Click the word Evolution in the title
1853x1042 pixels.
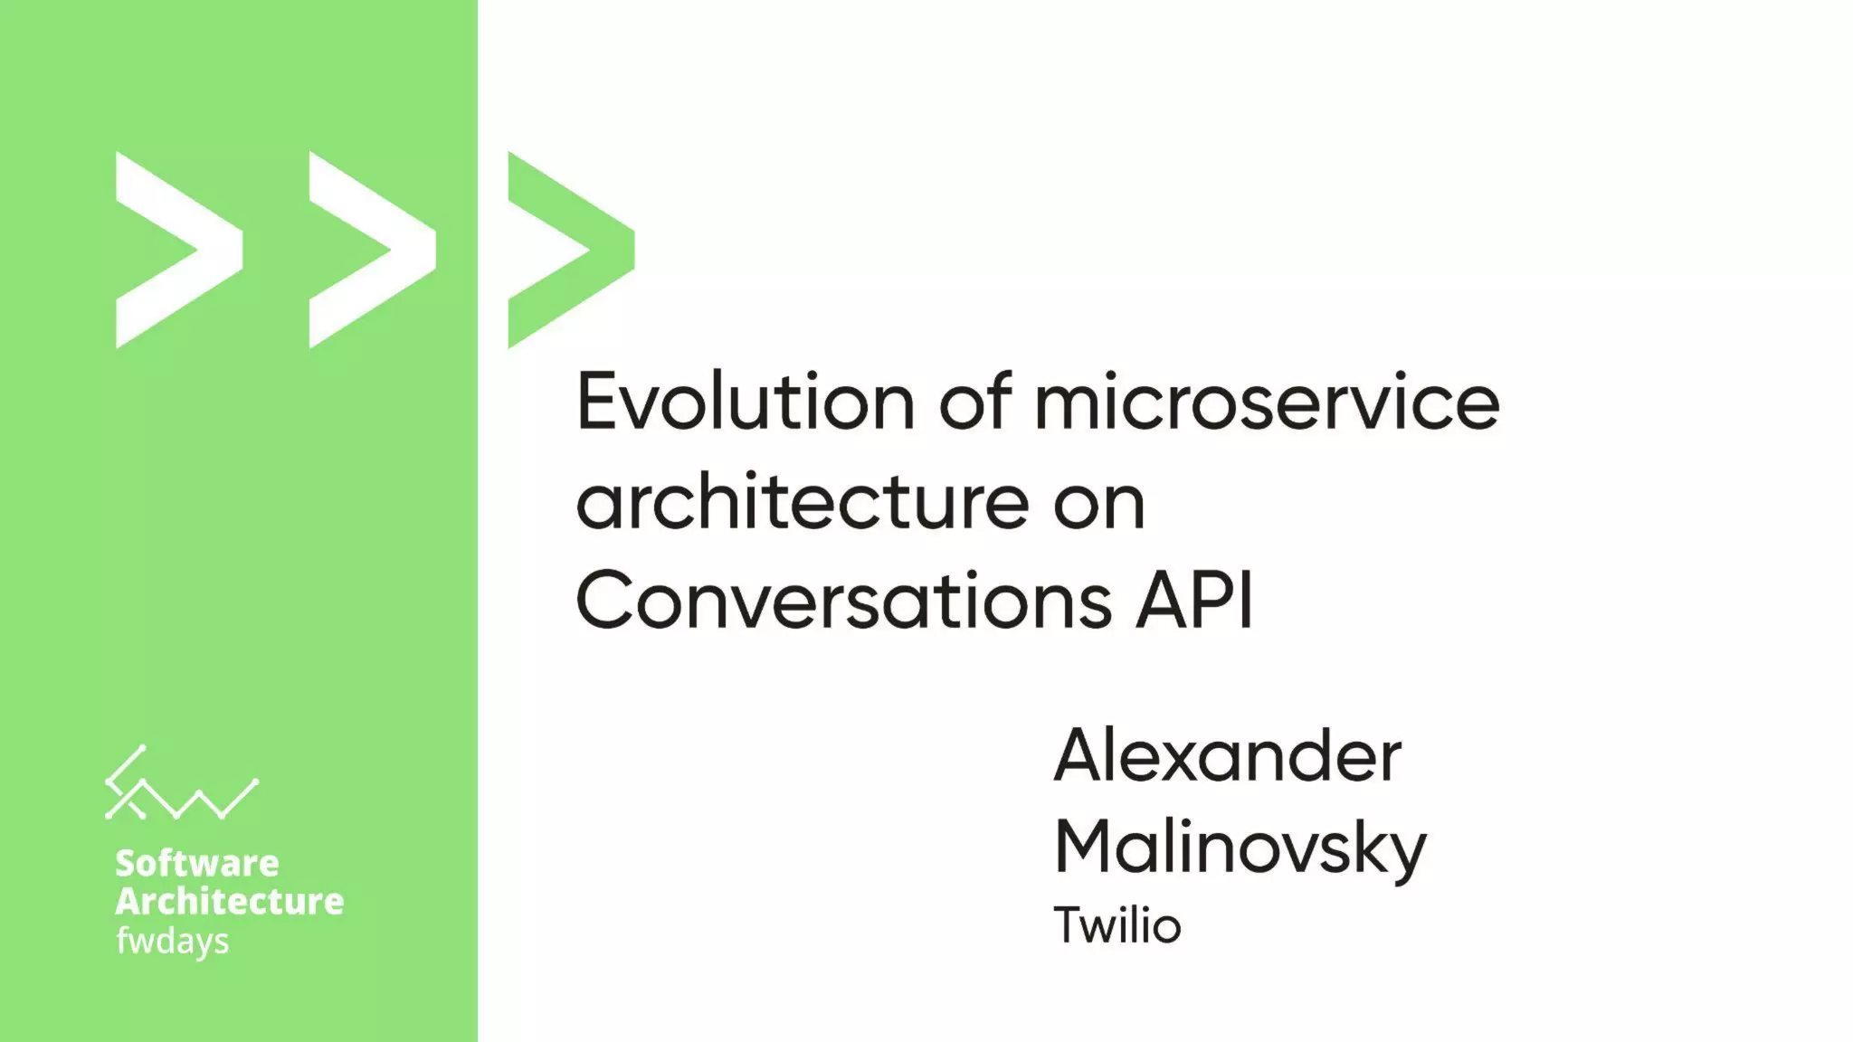tap(746, 403)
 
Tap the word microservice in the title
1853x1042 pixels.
tap(1267, 403)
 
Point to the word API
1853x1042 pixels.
tap(1195, 600)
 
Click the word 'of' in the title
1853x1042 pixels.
tap(974, 403)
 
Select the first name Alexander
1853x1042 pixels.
tap(1228, 756)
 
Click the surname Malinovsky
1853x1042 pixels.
tap(1240, 848)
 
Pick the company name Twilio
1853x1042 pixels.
tap(1117, 925)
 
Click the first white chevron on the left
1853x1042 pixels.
tap(172, 250)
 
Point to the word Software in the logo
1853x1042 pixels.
tap(196, 863)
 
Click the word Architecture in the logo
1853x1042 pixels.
tap(229, 901)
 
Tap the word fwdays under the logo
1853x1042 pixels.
tap(172, 941)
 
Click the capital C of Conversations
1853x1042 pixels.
tap(604, 600)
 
